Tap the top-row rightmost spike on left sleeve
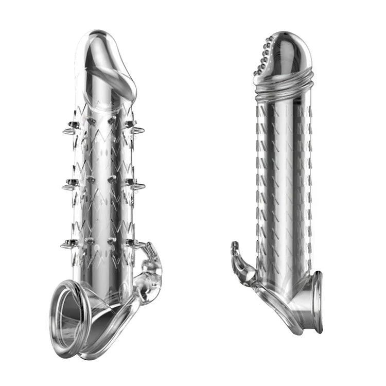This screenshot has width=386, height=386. click(x=138, y=131)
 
